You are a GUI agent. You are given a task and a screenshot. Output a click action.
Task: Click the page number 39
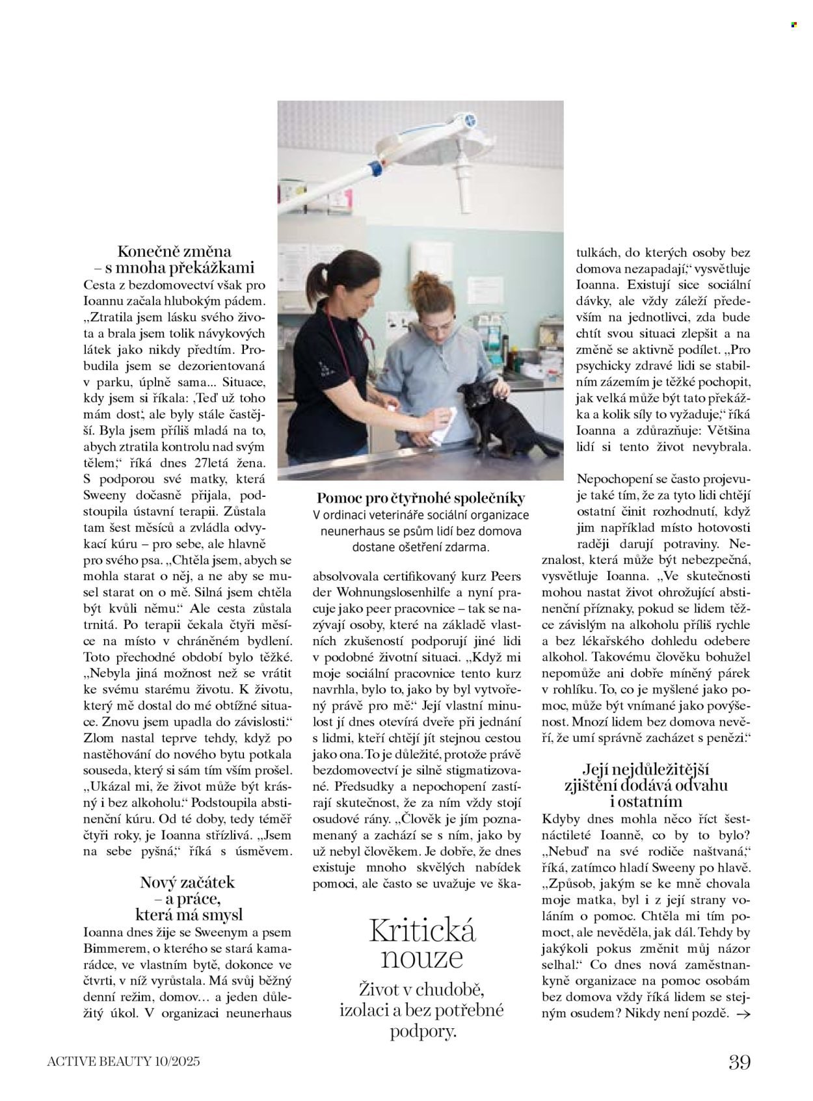740,1062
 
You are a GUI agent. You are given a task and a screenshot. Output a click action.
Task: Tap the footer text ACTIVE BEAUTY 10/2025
124,1063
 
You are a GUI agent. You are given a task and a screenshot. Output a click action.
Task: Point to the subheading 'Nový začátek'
187,882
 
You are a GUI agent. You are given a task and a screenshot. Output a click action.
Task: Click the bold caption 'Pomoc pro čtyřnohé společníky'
421,499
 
